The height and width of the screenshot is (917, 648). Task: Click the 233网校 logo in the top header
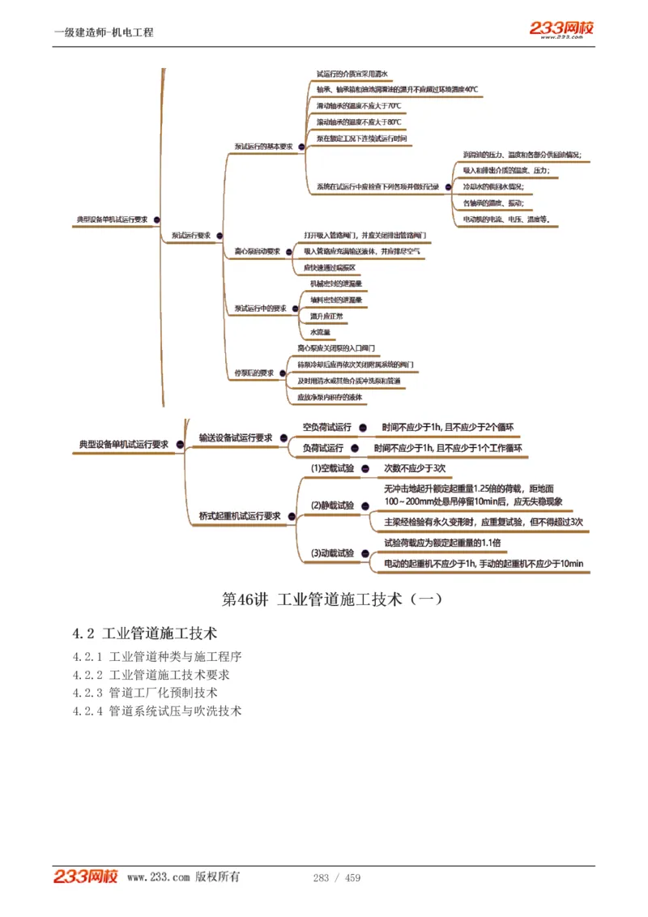[561, 29]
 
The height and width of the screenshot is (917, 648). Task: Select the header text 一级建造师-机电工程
[104, 32]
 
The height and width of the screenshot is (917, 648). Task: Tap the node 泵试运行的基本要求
[263, 147]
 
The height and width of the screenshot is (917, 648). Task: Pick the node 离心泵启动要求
[257, 251]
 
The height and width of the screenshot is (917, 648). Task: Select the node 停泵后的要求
[254, 373]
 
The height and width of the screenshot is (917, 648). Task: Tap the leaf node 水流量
[320, 332]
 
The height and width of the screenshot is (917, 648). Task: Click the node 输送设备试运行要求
[236, 437]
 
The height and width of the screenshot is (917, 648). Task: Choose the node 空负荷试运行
[326, 427]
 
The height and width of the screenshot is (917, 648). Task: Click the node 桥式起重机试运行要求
[240, 515]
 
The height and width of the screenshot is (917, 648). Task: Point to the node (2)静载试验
[332, 505]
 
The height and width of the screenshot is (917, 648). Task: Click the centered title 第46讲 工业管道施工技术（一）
[332, 600]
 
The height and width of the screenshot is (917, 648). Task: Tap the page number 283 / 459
[337, 878]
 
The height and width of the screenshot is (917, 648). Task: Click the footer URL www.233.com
[159, 877]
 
